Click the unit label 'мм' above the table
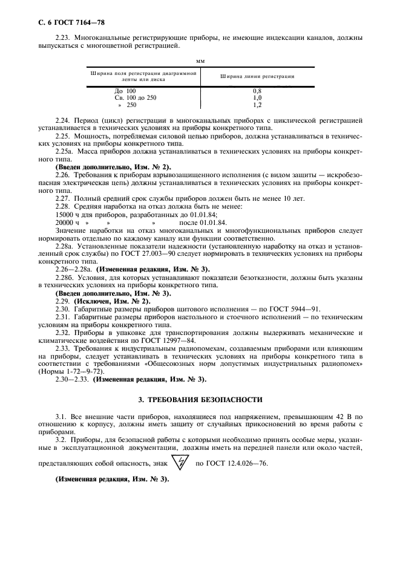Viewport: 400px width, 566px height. coord(200,60)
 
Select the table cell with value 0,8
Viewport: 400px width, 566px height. coord(257,91)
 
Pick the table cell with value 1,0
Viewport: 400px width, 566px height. coord(257,97)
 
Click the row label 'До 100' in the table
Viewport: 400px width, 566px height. coord(125,91)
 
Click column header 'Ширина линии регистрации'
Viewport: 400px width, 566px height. coord(257,77)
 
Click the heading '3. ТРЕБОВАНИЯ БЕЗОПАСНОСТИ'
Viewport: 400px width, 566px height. coord(200,400)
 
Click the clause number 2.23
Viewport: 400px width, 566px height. coord(62,38)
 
